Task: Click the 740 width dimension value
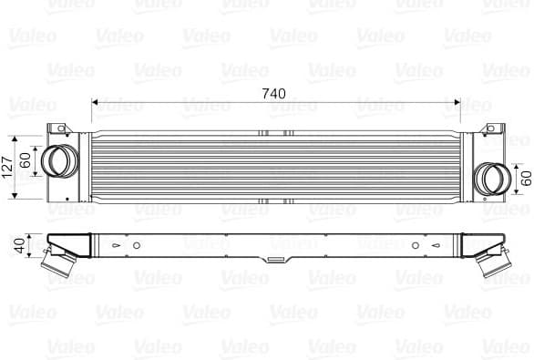click(x=272, y=93)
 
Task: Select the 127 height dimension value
click(x=9, y=167)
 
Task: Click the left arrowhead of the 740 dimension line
click(x=96, y=102)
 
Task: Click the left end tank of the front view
click(x=84, y=167)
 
